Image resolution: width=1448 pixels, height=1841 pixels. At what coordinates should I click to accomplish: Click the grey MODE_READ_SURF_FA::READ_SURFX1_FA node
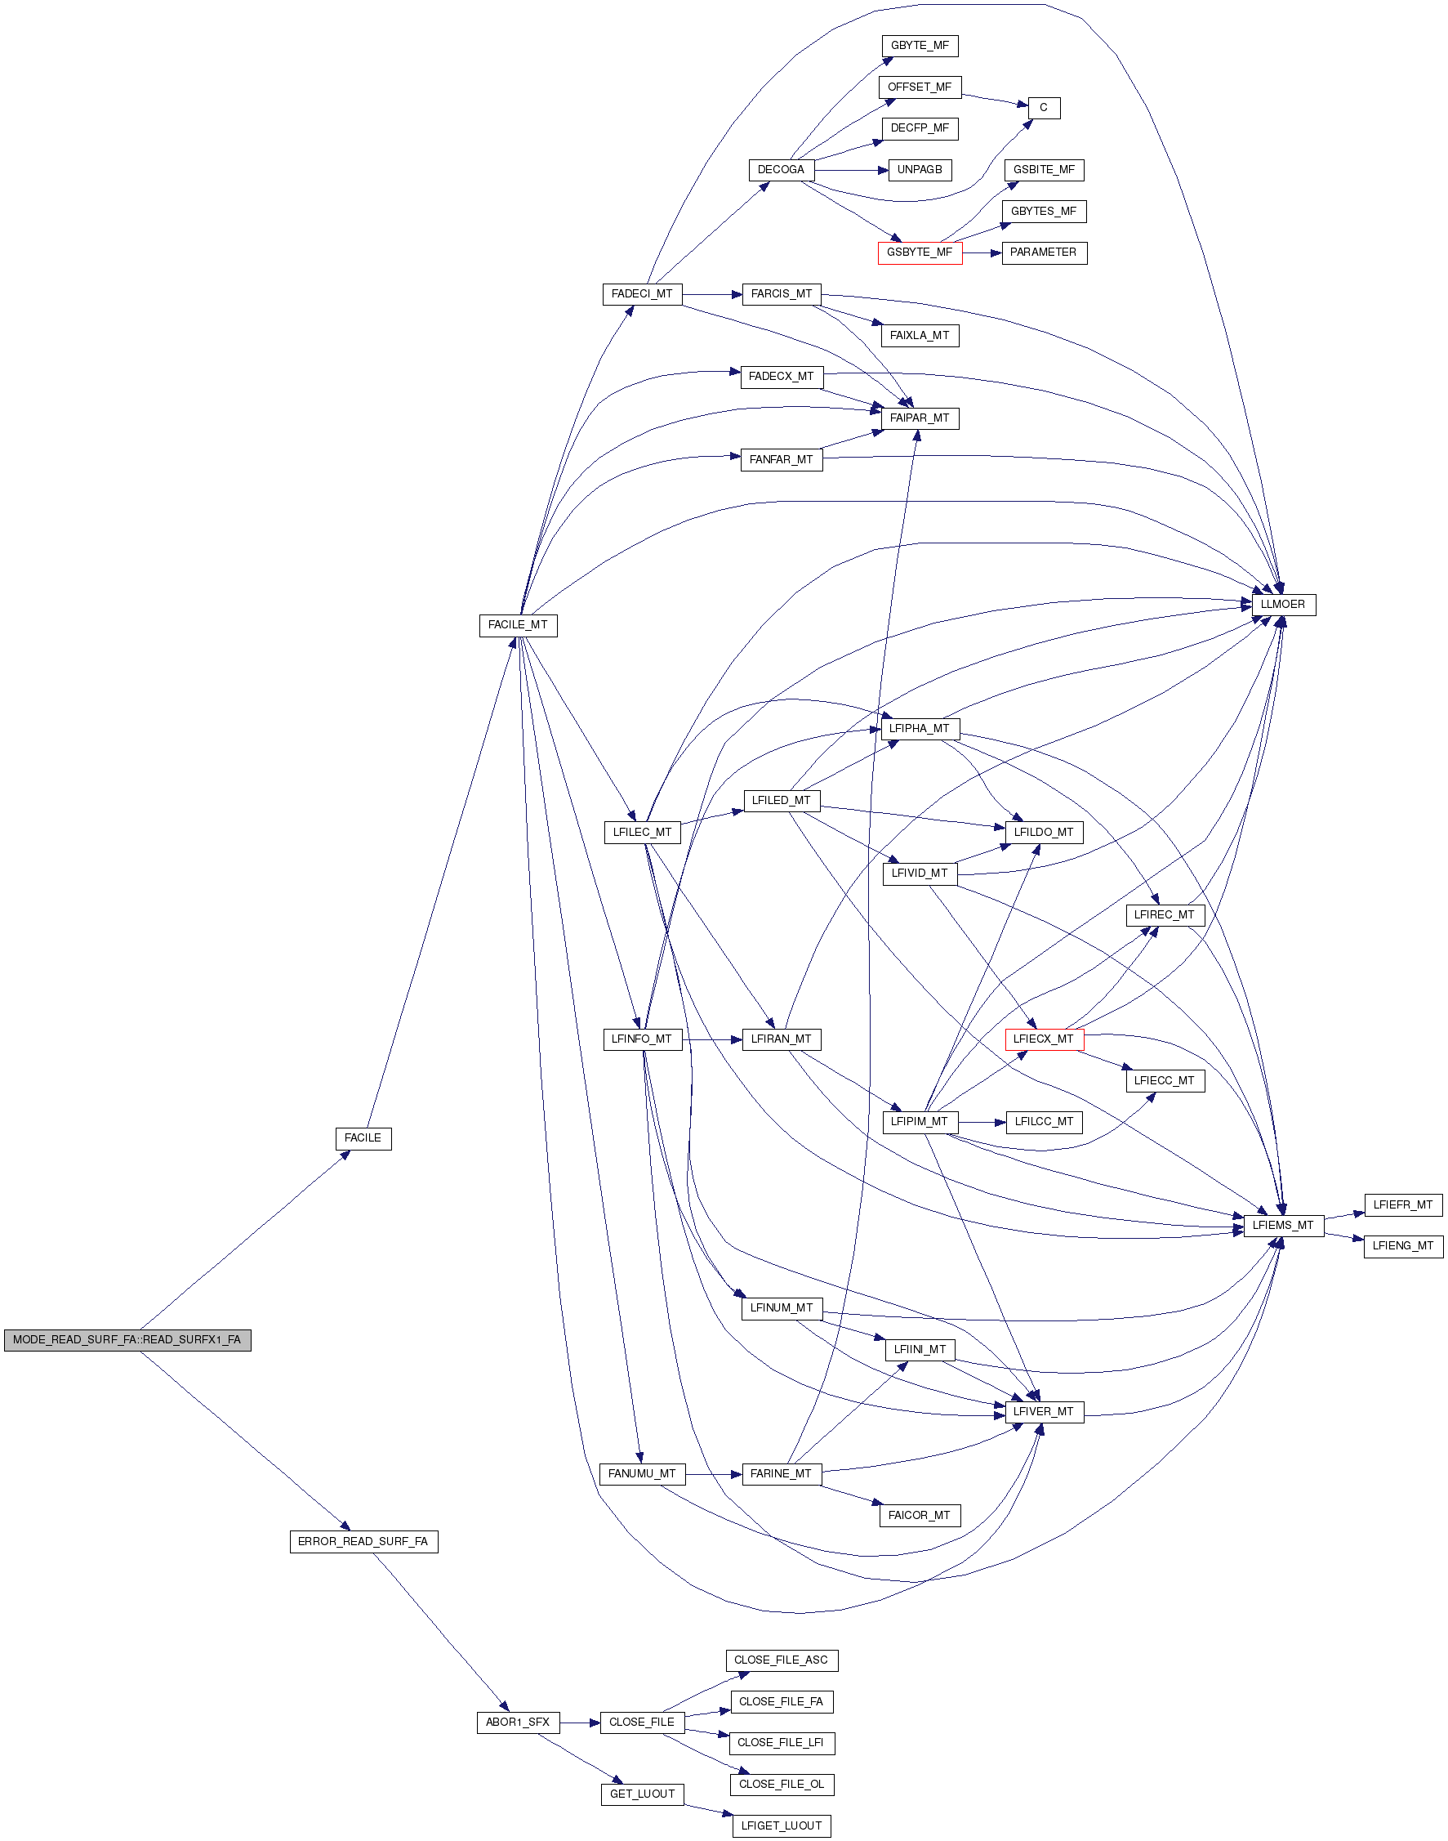coord(127,1340)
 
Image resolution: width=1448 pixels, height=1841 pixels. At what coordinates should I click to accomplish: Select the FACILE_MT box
coord(518,625)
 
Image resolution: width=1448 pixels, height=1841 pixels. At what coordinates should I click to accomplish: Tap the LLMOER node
coord(1283,605)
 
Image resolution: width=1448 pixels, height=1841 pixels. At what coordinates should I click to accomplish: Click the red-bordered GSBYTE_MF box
coord(919,252)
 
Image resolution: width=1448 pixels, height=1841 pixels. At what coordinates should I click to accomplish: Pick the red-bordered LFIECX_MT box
coord(1044,1039)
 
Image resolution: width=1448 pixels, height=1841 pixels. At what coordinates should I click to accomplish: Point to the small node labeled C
coord(1044,108)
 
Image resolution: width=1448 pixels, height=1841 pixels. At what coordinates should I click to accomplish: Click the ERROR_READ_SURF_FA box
coord(363,1542)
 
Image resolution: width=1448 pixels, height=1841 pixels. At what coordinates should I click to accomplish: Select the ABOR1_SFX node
coord(517,1723)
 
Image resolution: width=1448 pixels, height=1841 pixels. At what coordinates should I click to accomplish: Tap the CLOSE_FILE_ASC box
coord(781,1660)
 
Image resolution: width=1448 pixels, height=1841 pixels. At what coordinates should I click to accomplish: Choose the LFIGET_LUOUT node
coord(781,1825)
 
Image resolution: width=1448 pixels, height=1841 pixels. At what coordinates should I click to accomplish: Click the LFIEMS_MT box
coord(1283,1226)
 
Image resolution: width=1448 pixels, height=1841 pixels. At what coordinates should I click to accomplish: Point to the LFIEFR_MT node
coord(1402,1205)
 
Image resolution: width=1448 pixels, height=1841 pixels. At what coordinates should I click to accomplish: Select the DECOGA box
coord(781,170)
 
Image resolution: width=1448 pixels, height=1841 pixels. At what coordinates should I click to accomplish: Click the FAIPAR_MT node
coord(919,418)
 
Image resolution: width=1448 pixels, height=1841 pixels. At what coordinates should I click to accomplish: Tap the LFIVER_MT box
coord(1044,1412)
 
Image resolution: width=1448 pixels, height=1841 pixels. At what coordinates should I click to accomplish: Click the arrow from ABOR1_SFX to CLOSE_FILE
coord(580,1723)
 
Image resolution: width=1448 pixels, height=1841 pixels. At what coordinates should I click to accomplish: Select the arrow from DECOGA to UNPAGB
coord(851,171)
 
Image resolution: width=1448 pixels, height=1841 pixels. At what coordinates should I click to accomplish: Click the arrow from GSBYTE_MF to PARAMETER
coord(982,252)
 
